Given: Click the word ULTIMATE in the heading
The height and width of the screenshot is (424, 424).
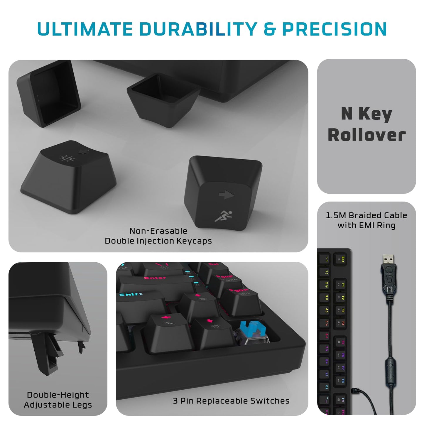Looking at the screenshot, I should (85, 29).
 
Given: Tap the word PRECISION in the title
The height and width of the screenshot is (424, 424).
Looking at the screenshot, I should (334, 29).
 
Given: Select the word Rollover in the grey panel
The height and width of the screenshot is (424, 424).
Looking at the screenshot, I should (366, 135).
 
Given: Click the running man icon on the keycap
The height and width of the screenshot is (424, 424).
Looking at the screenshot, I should (223, 216).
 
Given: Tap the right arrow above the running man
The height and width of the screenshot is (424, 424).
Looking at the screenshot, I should (226, 195).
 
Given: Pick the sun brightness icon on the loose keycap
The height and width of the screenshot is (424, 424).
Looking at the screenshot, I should (67, 158).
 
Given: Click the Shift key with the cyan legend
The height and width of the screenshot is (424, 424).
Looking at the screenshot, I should (138, 302).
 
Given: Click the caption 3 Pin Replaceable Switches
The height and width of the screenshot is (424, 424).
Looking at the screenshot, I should (231, 401).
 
